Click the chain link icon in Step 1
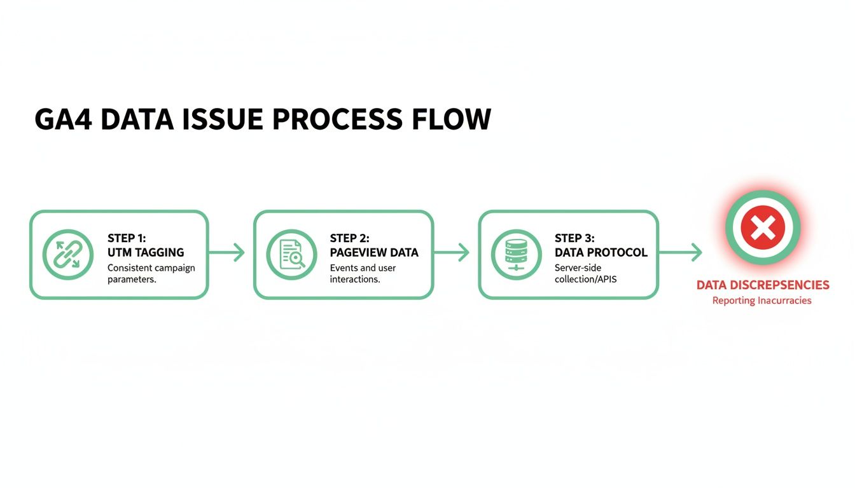pos(64,254)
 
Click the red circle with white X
pos(763,227)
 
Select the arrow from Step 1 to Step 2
pos(226,253)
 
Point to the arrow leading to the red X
pos(680,253)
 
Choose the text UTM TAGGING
pos(146,252)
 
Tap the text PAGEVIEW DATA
pos(374,252)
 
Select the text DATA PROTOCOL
pos(601,252)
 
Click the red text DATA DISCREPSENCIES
pos(763,285)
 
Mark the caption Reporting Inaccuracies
pos(762,301)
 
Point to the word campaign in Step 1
pos(174,268)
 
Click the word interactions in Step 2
pos(355,280)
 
